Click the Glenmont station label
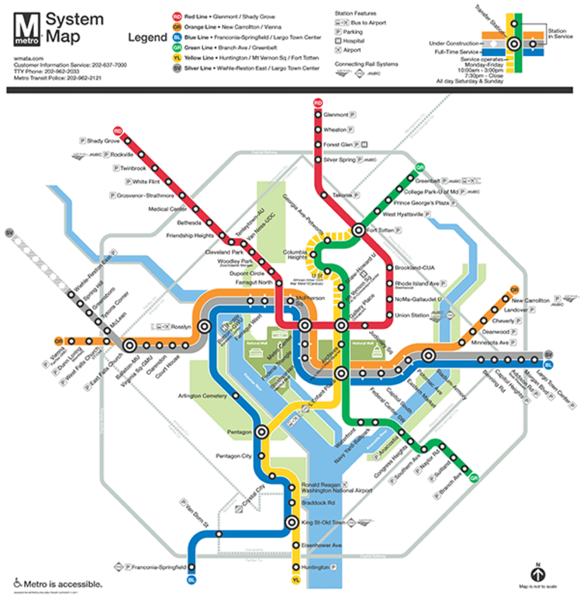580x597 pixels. click(335, 115)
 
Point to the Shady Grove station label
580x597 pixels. click(103, 141)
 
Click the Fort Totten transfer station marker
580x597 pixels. click(360, 230)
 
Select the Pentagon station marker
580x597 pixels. click(263, 432)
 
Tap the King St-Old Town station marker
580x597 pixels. click(292, 522)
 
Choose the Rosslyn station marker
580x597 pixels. click(205, 326)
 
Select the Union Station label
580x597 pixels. click(412, 315)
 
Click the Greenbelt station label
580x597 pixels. click(427, 181)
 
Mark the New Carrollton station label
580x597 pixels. click(530, 300)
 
